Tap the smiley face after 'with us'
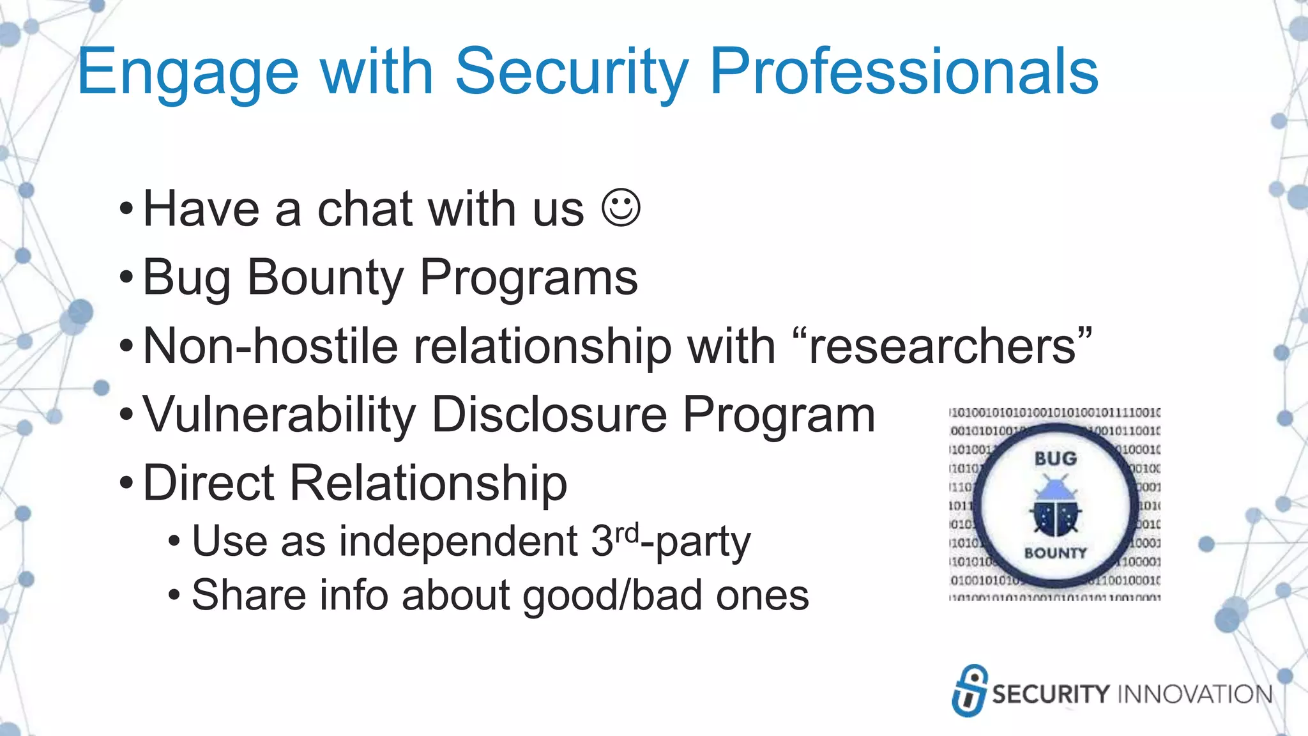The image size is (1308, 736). (621, 208)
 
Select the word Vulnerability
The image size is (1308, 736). (279, 415)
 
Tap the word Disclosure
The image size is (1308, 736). (549, 415)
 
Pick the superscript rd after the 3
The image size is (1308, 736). (627, 532)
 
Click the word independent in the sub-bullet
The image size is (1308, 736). (459, 542)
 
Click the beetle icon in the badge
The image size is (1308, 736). (1055, 507)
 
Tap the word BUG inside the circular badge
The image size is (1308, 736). (1055, 459)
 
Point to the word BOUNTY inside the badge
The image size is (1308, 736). (1055, 553)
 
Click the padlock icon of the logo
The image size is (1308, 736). (970, 691)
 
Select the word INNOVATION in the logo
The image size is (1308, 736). (1195, 694)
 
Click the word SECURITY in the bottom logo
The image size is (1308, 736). (1051, 694)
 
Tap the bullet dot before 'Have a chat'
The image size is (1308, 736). (126, 209)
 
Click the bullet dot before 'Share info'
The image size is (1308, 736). (174, 595)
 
